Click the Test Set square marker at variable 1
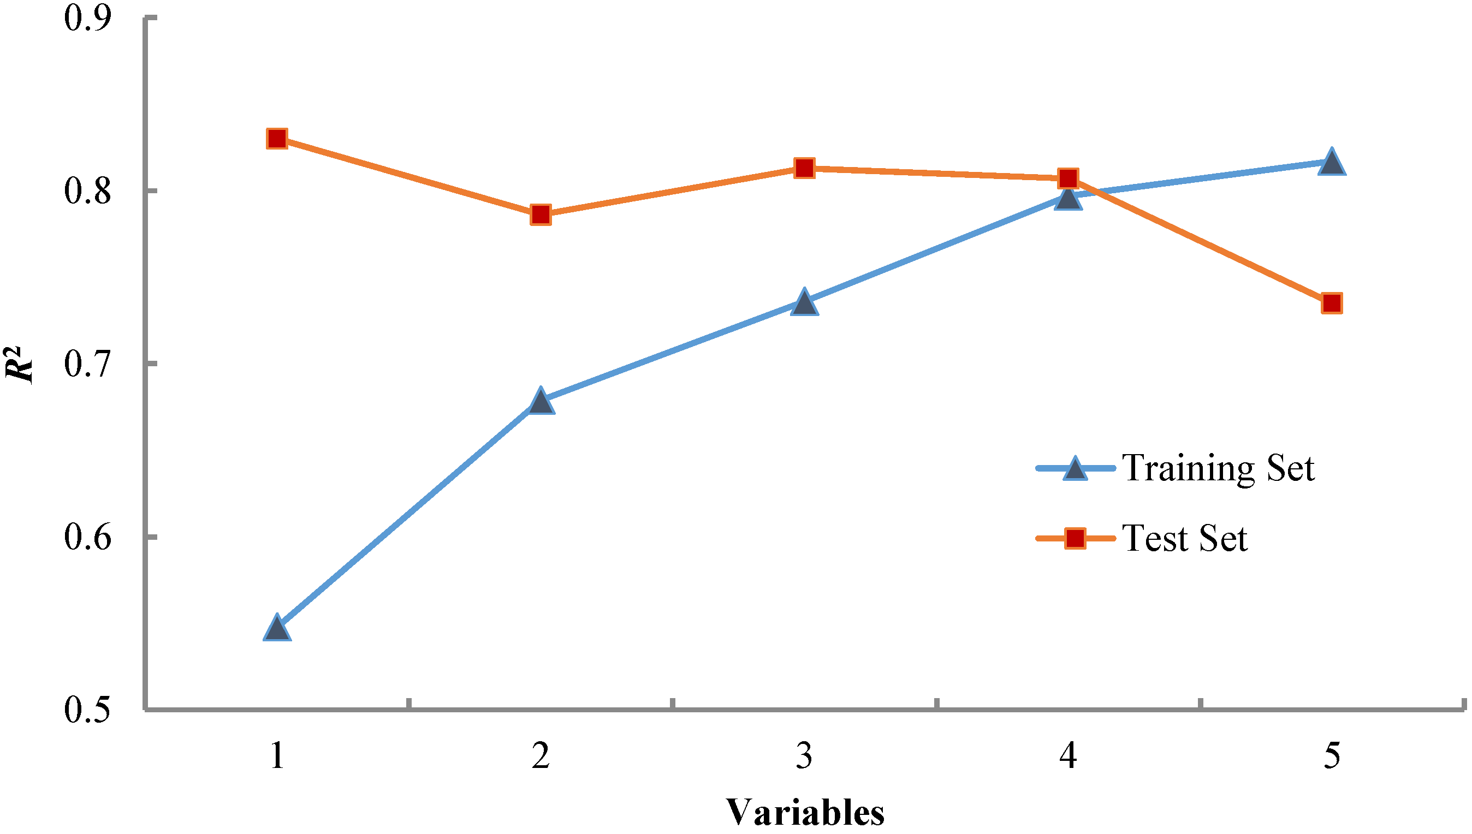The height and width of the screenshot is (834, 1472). point(277,139)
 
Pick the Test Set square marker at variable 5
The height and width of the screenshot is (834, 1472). point(1332,302)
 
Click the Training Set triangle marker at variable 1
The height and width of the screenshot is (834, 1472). point(277,629)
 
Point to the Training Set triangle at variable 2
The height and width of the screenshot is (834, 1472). point(541,402)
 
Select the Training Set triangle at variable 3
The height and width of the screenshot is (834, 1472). point(804,303)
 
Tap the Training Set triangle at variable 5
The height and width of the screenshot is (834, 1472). point(1332,163)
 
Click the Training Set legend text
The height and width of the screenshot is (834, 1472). point(1218,468)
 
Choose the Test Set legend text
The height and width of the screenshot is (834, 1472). point(1184,538)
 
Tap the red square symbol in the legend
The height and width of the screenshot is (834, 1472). point(1076,538)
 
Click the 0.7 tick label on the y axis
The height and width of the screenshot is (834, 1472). point(87,364)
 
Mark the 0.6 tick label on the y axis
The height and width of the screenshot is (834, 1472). point(87,537)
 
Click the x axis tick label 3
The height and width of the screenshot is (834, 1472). point(804,755)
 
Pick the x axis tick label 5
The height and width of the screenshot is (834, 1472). point(1332,755)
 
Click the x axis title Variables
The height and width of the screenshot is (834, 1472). point(804,813)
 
